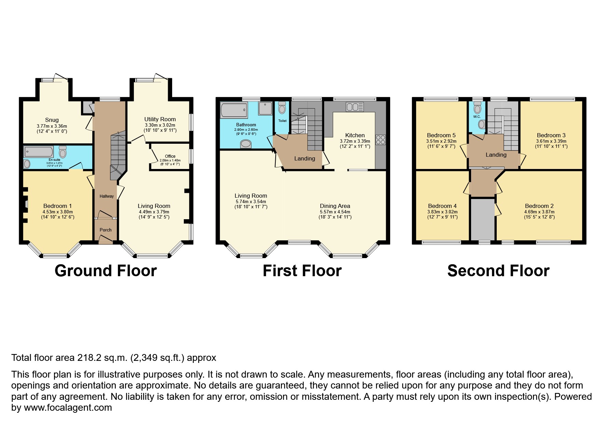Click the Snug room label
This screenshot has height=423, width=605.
(52, 120)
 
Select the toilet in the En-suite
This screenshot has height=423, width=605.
(63, 152)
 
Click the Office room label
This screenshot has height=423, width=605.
(170, 156)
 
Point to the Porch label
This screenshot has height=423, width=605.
(106, 230)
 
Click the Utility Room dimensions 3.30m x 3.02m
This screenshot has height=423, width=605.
(160, 125)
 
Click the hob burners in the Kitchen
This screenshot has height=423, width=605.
(380, 140)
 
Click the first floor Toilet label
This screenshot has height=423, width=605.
(282, 121)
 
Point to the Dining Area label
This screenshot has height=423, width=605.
(335, 206)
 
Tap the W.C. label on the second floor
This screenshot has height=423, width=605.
(477, 116)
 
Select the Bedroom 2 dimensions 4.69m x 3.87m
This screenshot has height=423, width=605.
(539, 212)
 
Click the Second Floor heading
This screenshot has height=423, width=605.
(498, 271)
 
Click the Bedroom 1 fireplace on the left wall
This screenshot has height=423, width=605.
(26, 204)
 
